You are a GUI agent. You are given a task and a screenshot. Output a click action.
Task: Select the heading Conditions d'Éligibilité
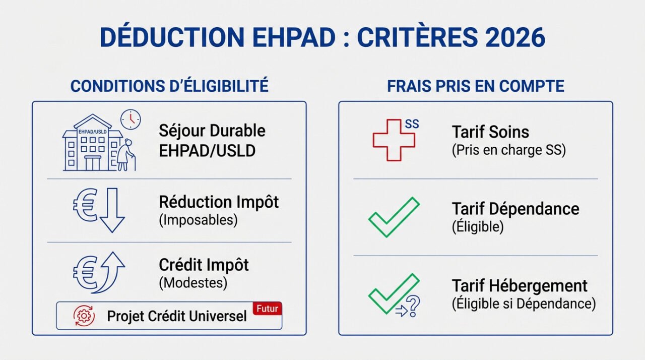[x=169, y=86]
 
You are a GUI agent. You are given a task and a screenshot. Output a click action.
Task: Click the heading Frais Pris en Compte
[x=475, y=86]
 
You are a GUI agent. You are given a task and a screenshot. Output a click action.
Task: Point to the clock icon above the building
[x=131, y=119]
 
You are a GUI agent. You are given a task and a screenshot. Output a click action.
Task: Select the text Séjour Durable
[x=212, y=131]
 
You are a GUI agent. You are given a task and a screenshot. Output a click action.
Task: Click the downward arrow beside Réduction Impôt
[x=111, y=210]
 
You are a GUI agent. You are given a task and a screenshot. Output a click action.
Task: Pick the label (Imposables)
[x=198, y=220]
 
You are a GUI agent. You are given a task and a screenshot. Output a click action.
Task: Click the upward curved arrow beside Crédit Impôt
[x=110, y=273]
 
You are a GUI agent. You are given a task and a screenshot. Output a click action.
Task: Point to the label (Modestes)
[x=193, y=283]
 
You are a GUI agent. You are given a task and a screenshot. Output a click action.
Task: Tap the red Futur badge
[x=267, y=309]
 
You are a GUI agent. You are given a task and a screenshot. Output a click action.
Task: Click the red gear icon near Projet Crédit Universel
[x=84, y=316]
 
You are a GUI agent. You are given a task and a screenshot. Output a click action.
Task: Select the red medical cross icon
[x=394, y=140]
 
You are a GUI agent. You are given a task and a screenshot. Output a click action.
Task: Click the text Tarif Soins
[x=490, y=132]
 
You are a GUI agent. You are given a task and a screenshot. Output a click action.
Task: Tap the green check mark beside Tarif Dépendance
[x=394, y=217]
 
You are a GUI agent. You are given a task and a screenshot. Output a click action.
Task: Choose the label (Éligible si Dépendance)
[x=524, y=304]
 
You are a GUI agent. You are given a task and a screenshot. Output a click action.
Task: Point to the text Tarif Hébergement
[x=520, y=286]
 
